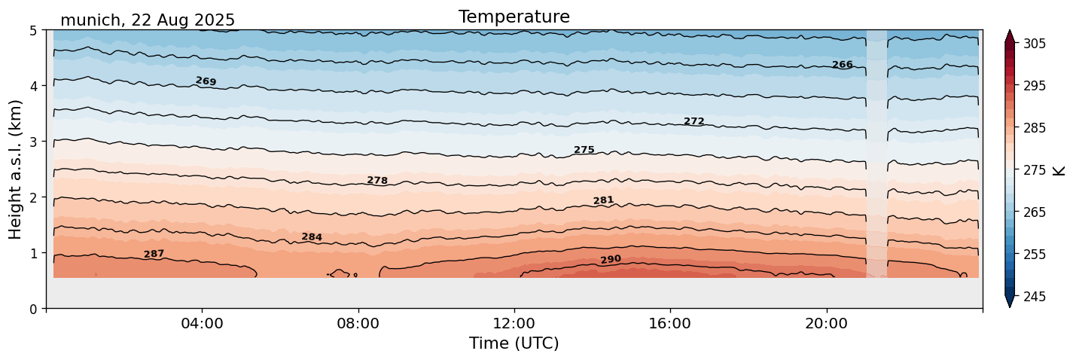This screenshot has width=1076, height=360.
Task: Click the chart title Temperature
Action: pos(514,17)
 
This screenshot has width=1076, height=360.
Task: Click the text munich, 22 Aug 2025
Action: pos(148,20)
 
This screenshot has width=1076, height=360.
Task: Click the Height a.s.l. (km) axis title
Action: pos(16,169)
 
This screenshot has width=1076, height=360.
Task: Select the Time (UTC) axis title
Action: pos(514,344)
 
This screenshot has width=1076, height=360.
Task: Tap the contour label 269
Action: pos(206,81)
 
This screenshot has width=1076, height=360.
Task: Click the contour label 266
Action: pos(842,65)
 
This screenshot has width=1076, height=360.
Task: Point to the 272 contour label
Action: pos(693,121)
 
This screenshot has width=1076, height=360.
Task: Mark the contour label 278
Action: pos(377,181)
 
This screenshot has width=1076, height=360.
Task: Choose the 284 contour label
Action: pos(312,237)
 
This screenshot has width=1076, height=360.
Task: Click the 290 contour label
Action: pos(611,260)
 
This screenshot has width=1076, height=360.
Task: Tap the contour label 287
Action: pos(154,255)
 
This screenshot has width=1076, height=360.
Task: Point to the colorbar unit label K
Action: pos(1059,170)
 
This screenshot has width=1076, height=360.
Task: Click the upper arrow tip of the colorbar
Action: pos(1010,32)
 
